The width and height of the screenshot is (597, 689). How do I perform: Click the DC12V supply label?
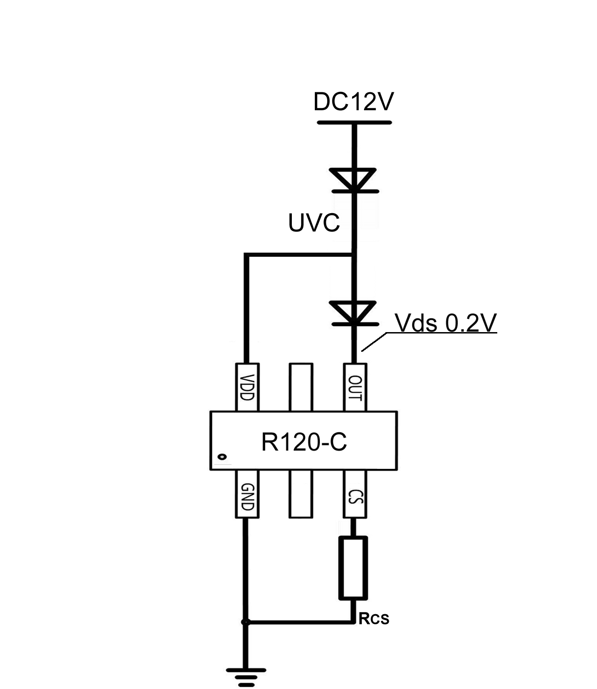tap(353, 102)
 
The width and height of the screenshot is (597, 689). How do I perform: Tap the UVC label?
tap(314, 223)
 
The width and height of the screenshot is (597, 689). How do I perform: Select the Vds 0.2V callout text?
tap(446, 323)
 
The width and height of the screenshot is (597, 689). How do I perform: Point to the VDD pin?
tap(247, 387)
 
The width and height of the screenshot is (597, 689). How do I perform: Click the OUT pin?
tap(355, 387)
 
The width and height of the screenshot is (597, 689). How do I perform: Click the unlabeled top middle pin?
tap(301, 387)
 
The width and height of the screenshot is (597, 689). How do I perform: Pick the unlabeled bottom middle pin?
tap(301, 494)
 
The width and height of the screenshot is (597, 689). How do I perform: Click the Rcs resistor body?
tap(353, 568)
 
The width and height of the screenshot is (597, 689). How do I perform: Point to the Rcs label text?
tap(374, 619)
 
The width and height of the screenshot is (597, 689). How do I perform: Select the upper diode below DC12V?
tap(354, 180)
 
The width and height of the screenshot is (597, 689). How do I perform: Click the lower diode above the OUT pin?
tap(354, 313)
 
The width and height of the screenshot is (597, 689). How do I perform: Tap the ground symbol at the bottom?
tap(246, 676)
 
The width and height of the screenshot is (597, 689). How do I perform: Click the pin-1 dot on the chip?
tap(222, 457)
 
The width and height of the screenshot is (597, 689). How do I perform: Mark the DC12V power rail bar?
tap(354, 123)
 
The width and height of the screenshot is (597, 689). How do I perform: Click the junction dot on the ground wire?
tap(245, 622)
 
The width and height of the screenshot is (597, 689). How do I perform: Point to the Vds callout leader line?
tap(375, 342)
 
